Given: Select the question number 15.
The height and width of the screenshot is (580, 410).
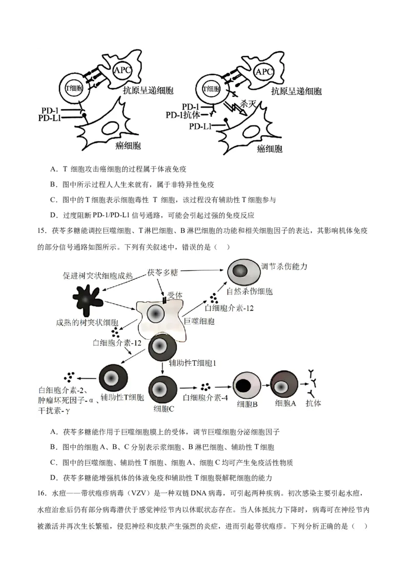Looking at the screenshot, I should tap(42, 231).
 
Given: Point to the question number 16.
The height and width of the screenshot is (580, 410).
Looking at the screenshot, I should tap(42, 493).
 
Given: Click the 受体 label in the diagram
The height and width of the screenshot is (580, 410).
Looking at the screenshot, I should tap(175, 296).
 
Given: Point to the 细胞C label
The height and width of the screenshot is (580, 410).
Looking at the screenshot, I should tap(164, 408).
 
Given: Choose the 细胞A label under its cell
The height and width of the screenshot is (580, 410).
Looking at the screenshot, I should tap(285, 403).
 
